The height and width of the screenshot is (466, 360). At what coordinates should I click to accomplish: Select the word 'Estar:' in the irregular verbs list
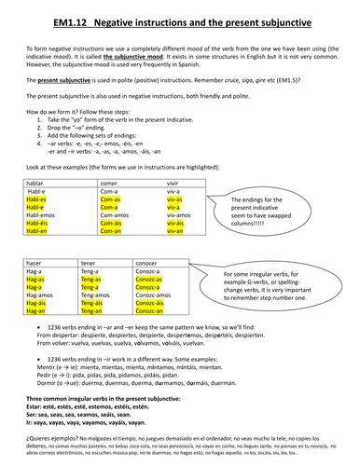tap(28, 406)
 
